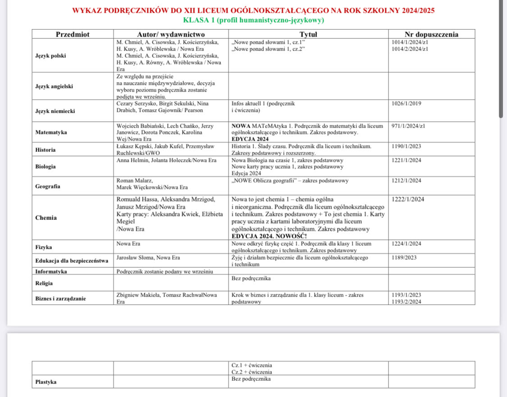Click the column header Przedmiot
coord(72,34)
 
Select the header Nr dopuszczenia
coord(431,34)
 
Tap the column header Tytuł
coord(308,34)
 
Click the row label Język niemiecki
coord(55,110)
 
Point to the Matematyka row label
coord(51,132)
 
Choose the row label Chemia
coord(46,218)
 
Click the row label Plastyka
coord(46,382)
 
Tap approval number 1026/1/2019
coord(407,104)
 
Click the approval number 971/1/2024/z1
coord(409,126)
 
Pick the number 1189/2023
coord(404,258)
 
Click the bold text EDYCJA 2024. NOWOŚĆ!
coord(269,236)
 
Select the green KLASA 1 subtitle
coord(254,20)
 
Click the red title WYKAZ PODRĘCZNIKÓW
coord(254,10)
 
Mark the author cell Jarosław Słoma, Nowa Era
coord(148,258)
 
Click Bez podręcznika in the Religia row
coord(251,278)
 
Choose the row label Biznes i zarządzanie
coord(60,298)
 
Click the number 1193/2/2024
coord(407,302)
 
